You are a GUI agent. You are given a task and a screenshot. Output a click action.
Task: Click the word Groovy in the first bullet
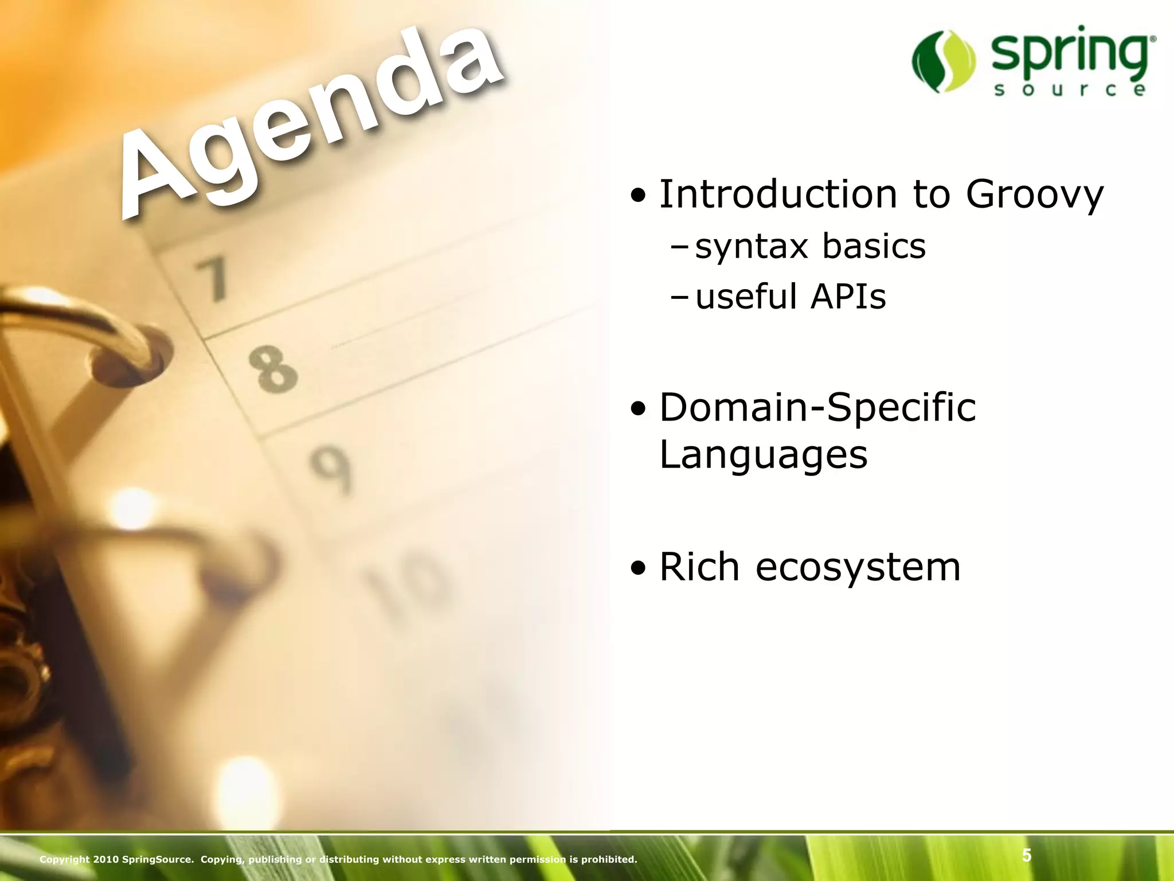pos(1034,194)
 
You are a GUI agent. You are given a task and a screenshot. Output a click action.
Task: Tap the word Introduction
pos(778,194)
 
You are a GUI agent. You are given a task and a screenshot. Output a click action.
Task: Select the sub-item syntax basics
pos(809,247)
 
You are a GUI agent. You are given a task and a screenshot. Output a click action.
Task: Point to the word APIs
pos(848,297)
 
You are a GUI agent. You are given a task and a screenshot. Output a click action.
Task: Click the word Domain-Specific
pos(817,408)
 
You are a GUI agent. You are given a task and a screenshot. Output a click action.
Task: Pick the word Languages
pos(764,455)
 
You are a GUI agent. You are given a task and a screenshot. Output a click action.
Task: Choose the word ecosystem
pos(858,567)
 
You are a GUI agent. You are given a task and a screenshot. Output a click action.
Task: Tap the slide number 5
pos(1027,856)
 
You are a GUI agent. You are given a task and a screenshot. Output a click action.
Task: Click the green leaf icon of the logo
pos(943,61)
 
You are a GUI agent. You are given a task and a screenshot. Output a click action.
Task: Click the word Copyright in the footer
pos(64,859)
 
